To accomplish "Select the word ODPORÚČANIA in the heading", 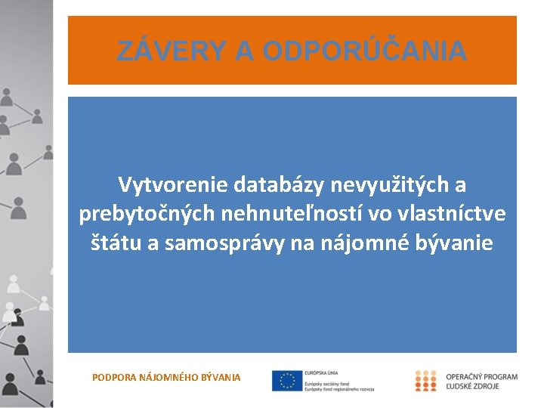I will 364,51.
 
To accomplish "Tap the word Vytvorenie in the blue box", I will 173,184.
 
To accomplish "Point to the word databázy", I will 279,184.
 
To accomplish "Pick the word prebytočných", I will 147,215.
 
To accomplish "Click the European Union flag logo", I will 287,381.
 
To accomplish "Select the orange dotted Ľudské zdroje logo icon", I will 425,380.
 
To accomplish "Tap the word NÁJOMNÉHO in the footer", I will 168,376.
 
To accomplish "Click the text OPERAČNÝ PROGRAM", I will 482,376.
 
